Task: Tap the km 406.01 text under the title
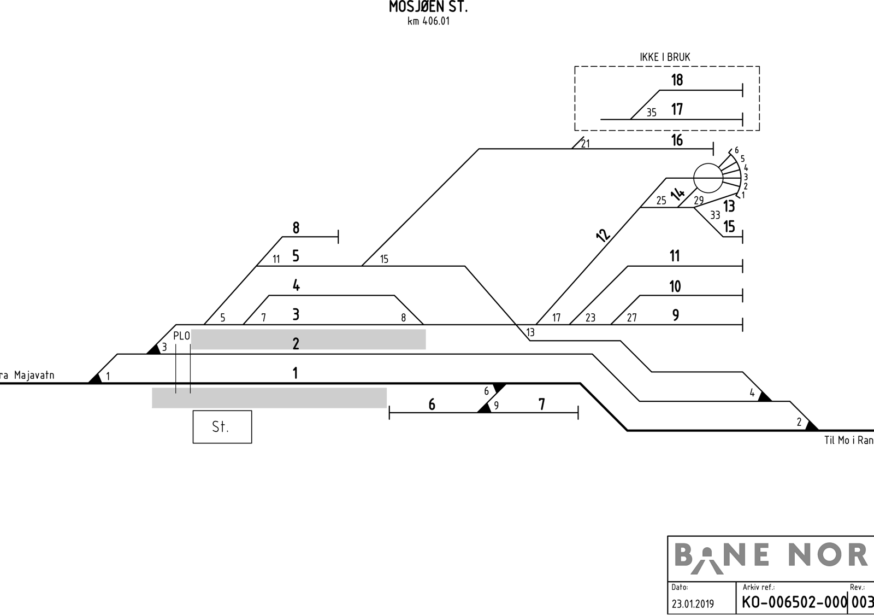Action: [428, 21]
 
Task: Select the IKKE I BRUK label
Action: [665, 57]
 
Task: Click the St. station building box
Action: [222, 427]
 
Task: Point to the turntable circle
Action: [708, 178]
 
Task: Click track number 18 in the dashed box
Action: [677, 80]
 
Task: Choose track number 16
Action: [677, 140]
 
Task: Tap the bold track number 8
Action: [296, 227]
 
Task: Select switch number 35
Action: [652, 113]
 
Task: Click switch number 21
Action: [585, 144]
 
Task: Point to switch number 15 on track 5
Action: [385, 259]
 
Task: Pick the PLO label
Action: [181, 336]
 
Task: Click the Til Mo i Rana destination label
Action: [849, 440]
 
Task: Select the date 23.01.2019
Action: [693, 604]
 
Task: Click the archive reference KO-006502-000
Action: [794, 602]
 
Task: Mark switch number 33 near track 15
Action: [715, 215]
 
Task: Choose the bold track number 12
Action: [603, 235]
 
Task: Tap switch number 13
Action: [530, 332]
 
